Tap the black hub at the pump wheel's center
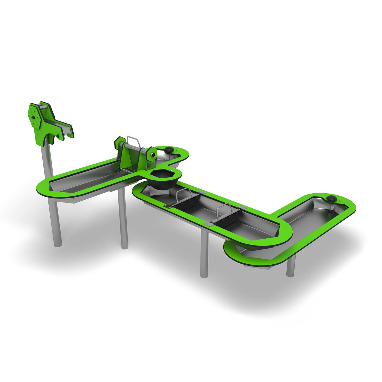(33, 117)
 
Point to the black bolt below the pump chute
(59, 137)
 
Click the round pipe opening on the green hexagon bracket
(153, 155)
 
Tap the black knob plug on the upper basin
(169, 149)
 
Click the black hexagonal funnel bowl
(162, 178)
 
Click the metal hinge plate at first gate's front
(168, 206)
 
